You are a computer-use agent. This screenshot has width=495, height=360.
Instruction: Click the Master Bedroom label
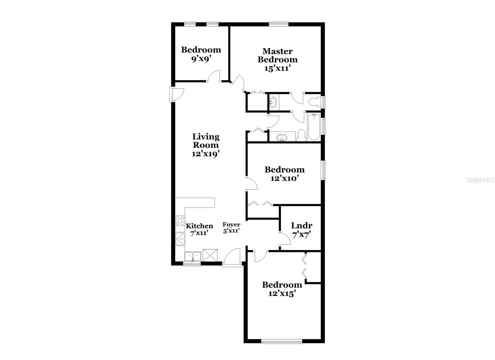[278, 55]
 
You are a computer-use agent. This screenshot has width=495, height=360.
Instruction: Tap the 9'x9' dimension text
[201, 59]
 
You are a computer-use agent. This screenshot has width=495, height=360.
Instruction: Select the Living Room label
[206, 141]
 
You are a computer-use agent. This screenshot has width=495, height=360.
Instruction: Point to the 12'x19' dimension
[206, 154]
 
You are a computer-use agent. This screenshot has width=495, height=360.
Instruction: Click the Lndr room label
[301, 226]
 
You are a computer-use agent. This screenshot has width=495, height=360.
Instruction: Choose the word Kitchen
[199, 226]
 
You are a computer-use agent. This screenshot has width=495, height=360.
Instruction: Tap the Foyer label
[231, 224]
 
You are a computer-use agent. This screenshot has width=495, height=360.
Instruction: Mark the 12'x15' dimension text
[282, 293]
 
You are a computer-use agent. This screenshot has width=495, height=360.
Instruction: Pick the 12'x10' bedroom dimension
[284, 179]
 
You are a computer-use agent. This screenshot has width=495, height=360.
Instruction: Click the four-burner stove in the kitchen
[180, 221]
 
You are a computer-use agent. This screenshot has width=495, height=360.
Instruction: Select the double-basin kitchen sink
[192, 256]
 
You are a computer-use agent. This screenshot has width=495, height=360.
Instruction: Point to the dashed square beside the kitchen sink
[210, 255]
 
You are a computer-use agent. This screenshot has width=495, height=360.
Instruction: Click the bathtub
[313, 128]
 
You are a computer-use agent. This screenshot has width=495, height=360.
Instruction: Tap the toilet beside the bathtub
[302, 135]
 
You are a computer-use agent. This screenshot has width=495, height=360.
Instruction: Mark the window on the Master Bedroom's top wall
[278, 23]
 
